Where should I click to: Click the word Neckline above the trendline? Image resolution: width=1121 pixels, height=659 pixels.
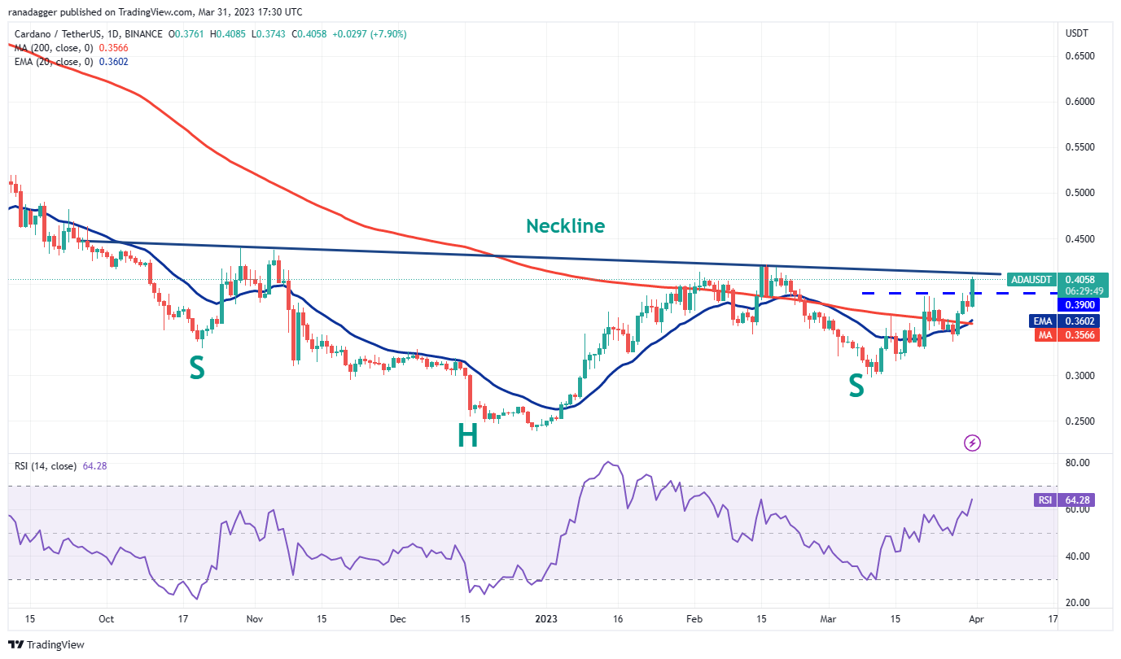coord(565,226)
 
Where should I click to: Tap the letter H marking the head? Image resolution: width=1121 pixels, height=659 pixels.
coord(466,437)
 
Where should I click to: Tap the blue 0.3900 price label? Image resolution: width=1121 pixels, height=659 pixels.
coord(1078,304)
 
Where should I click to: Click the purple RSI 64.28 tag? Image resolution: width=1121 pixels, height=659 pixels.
coord(1065,500)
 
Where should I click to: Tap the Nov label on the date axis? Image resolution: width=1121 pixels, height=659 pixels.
coord(253,619)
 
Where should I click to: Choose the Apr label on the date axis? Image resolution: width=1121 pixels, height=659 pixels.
coord(974,619)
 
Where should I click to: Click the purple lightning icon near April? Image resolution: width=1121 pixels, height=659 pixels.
coord(972,443)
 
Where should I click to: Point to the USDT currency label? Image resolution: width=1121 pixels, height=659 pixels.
coord(1076,33)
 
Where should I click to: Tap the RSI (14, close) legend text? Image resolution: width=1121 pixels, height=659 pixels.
coord(46,466)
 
